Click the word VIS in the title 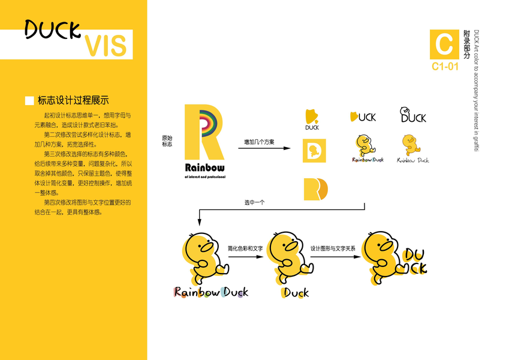coord(106,46)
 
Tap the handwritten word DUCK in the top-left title coord(53,28)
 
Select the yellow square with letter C coord(444,44)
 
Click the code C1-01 coord(445,67)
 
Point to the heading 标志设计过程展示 coord(73,101)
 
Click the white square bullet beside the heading coord(29,101)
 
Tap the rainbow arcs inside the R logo coord(207,121)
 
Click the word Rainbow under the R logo coord(205,167)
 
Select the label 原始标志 coord(167,141)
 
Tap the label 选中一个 coord(254,203)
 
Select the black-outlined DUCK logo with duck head coord(414,115)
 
